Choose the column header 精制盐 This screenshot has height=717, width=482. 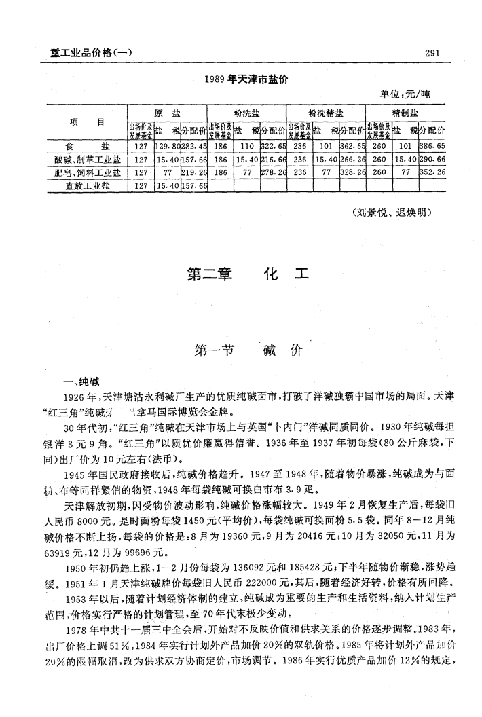[405, 113]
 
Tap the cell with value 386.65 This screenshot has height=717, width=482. [432, 147]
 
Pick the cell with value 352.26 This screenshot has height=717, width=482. [432, 172]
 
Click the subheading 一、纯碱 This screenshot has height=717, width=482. [81, 380]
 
